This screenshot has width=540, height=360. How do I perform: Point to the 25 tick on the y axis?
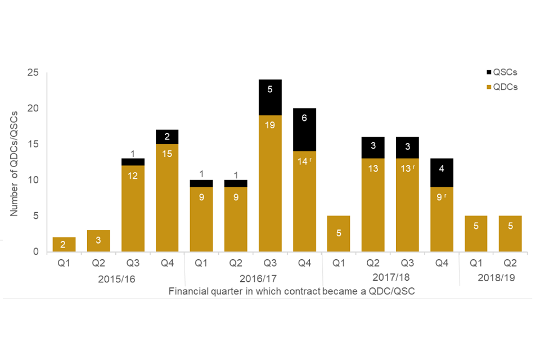coord(34,73)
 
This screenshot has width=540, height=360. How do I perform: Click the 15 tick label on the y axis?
coord(34,144)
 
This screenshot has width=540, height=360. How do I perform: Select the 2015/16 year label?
coord(116,278)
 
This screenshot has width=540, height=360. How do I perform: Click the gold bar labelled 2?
coord(64,245)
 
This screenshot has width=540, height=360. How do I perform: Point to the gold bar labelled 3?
coord(98,241)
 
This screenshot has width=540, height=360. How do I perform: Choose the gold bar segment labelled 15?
coord(167,198)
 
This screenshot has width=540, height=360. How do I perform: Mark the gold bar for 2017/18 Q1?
coord(339,234)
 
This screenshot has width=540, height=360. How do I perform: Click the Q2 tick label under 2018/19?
coord(510,263)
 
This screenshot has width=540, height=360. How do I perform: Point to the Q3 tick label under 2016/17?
coord(270,263)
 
